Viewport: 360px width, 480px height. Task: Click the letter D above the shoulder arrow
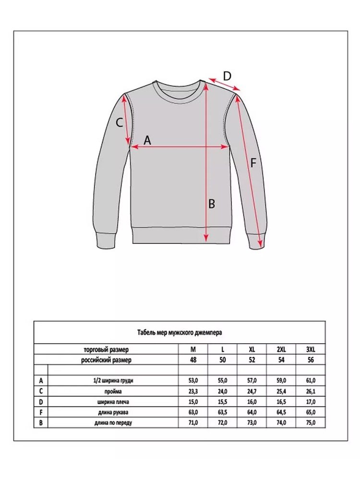point(227,75)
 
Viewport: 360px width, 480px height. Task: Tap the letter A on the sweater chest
point(147,140)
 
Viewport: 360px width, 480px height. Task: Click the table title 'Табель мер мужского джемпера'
point(179,332)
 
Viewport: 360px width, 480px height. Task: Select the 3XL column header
point(311,349)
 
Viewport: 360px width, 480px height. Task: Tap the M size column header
point(193,349)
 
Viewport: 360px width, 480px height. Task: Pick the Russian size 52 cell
point(252,360)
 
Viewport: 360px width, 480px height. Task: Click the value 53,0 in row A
point(193,381)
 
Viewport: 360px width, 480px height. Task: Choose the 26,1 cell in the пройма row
point(311,391)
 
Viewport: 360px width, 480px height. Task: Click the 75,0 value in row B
point(311,423)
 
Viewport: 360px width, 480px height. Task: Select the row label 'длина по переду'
point(114,423)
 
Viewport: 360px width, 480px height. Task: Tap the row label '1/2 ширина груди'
point(114,381)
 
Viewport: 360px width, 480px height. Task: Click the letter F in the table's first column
point(41,412)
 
